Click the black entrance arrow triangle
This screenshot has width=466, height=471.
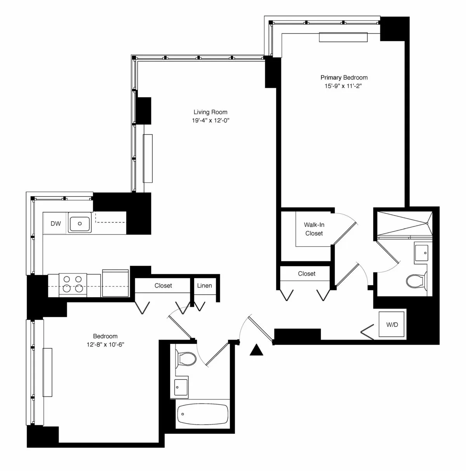[x=256, y=351]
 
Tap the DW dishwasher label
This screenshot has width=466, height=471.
[x=56, y=223]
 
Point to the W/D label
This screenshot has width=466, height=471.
[x=392, y=324]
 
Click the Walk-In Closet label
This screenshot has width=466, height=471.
[x=314, y=229]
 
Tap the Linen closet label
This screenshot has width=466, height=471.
[x=204, y=286]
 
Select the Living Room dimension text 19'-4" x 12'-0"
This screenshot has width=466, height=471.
[x=210, y=120]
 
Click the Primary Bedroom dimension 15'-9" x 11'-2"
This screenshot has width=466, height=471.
[x=344, y=86]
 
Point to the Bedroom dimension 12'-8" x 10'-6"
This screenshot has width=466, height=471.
[x=105, y=344]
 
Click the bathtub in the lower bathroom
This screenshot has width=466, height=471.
[x=202, y=415]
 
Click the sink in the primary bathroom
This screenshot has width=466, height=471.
[x=421, y=253]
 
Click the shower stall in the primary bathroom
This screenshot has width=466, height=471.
[x=404, y=223]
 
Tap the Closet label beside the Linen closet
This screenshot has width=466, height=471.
[x=163, y=286]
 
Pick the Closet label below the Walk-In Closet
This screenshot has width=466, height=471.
[x=306, y=274]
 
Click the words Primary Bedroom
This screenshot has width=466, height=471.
[x=344, y=77]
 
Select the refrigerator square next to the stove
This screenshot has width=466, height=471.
[x=115, y=284]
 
